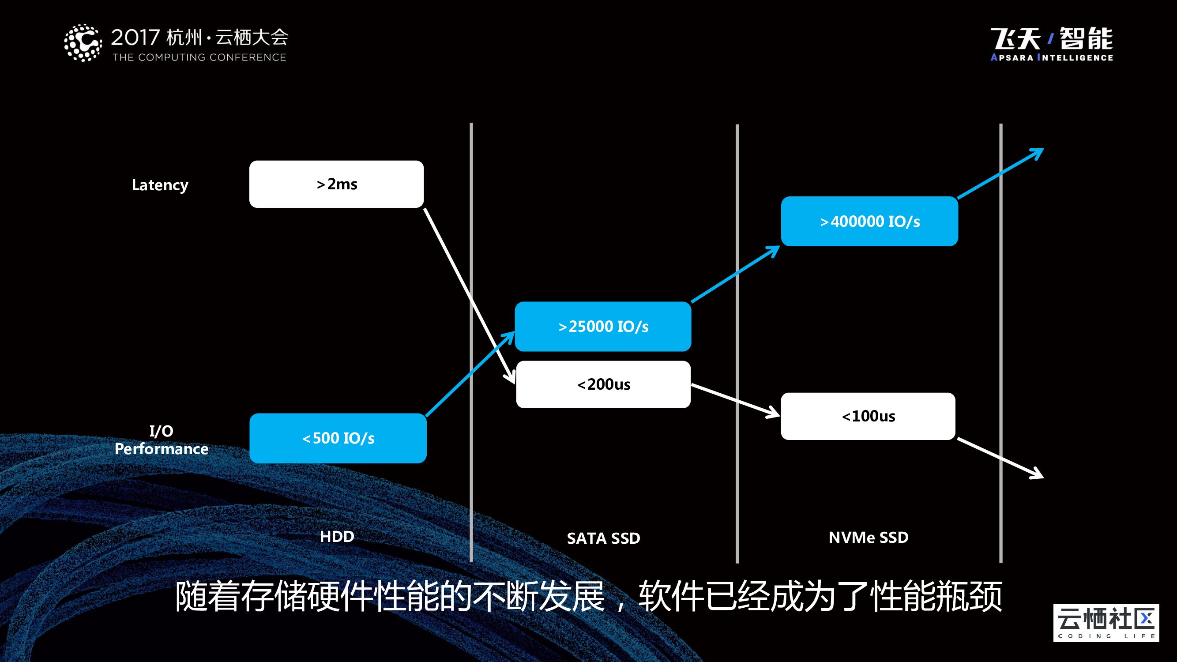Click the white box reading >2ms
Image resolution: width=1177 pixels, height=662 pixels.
pos(336,184)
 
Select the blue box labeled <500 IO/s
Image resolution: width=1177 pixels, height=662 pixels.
pos(338,438)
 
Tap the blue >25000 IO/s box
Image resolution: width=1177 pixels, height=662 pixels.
pos(603,326)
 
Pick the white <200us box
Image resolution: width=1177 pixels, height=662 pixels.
pos(603,384)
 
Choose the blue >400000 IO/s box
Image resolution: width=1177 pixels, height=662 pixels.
pos(869,222)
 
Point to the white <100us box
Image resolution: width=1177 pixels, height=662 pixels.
pos(868,416)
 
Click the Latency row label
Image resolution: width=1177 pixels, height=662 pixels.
pos(160,184)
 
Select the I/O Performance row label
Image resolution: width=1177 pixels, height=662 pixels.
pos(161,440)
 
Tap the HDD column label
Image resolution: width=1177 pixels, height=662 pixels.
pos(337,536)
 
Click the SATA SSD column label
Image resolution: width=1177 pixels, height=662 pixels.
pos(603,538)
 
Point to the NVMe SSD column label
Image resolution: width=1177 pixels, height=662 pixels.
pos(868,537)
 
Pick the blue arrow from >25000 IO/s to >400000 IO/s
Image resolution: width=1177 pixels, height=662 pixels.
pos(736,274)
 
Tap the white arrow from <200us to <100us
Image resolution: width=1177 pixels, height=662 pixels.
pos(736,400)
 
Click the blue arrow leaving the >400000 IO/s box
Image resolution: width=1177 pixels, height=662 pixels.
pos(1000,173)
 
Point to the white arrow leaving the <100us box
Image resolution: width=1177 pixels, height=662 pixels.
pos(1000,458)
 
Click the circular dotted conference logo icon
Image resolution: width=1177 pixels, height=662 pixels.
pos(83,43)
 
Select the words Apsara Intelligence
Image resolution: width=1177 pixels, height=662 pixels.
pos(1051,57)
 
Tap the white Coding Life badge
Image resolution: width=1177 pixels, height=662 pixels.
pos(1106,623)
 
